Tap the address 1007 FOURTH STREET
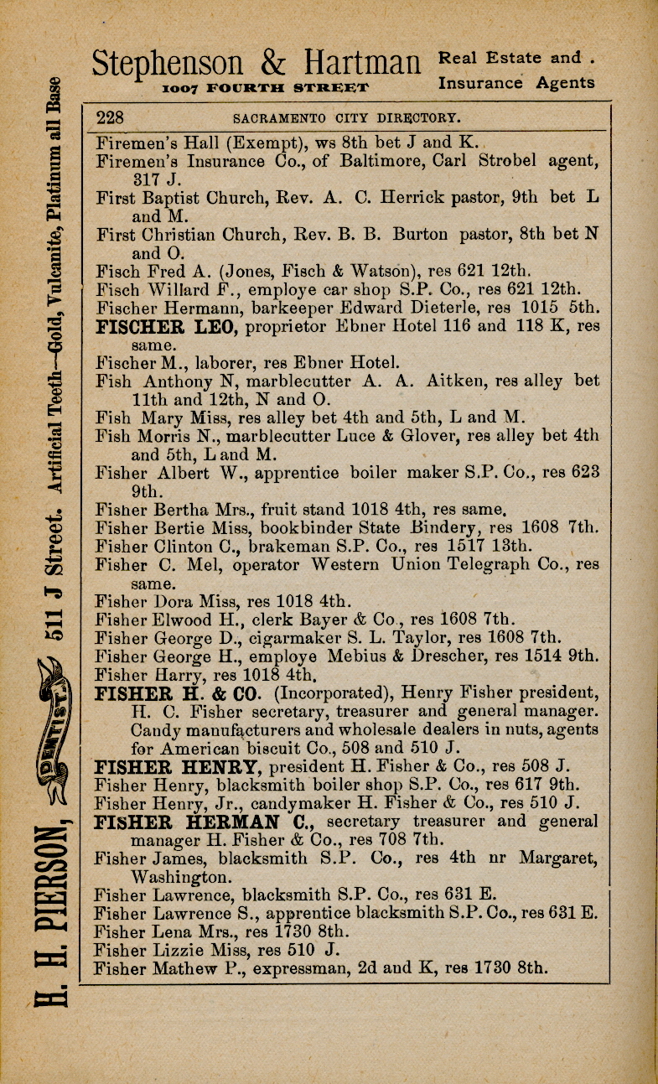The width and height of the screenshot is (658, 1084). pyautogui.click(x=265, y=88)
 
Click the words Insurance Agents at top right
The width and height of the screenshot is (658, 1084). pyautogui.click(x=516, y=83)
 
